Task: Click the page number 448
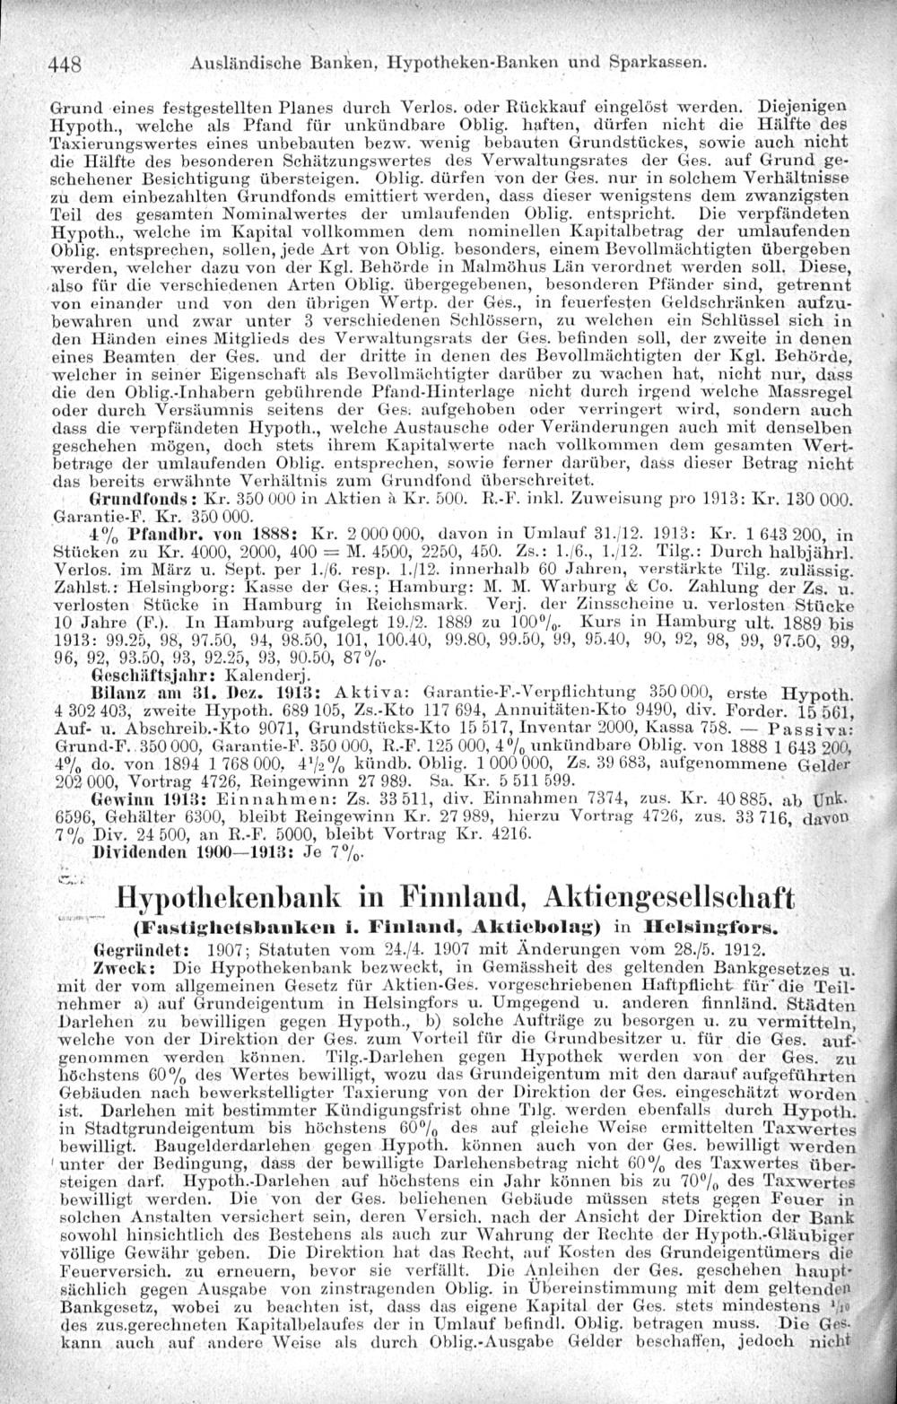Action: click(x=65, y=65)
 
